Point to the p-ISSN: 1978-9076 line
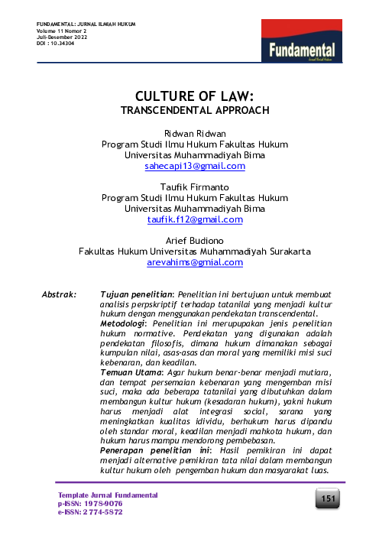(89, 504)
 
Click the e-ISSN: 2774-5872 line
(90, 511)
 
